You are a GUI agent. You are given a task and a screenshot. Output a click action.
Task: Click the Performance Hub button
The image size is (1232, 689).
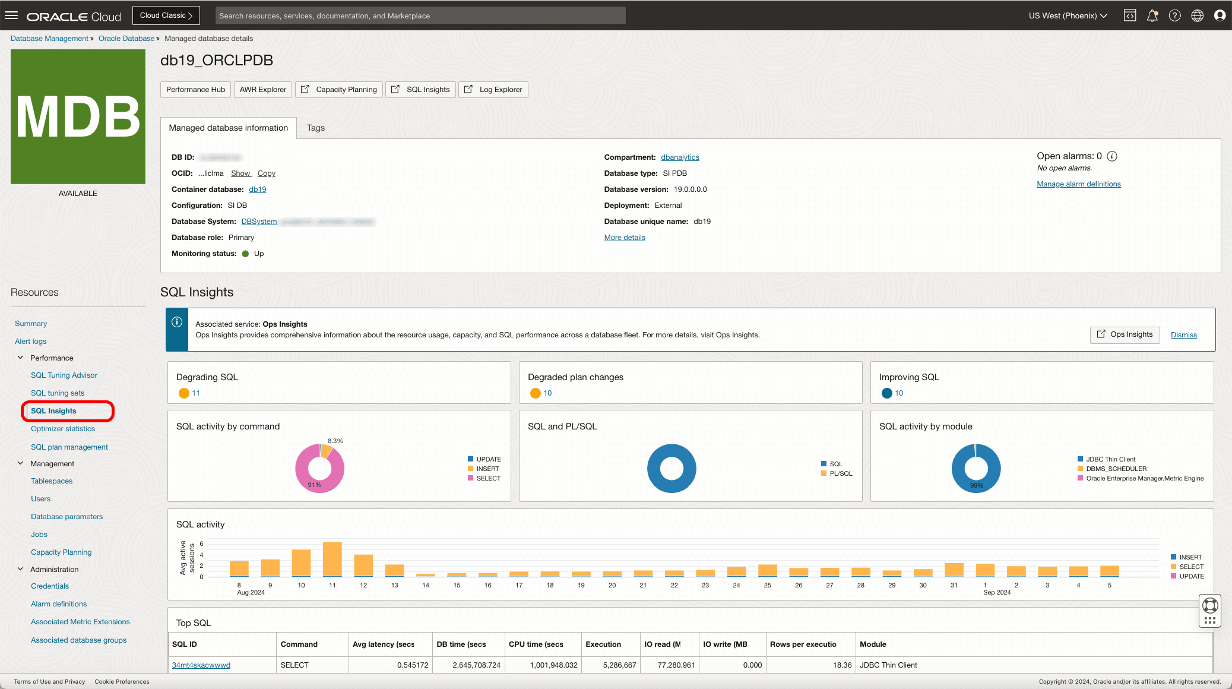click(195, 90)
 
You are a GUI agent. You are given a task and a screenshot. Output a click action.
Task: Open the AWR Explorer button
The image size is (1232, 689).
click(262, 90)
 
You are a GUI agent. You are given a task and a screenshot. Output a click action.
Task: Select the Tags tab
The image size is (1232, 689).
click(315, 128)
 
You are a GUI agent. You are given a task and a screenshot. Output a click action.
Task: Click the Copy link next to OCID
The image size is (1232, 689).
click(266, 173)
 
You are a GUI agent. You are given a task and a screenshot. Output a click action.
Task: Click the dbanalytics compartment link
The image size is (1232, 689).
click(680, 157)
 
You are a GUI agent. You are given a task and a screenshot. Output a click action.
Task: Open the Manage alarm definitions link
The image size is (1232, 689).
click(1078, 184)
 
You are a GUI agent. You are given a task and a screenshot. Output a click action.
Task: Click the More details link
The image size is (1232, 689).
click(624, 238)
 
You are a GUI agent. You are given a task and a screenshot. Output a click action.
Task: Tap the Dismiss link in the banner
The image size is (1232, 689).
click(1183, 335)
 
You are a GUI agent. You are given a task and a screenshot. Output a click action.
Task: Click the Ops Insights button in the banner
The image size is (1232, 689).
click(1125, 334)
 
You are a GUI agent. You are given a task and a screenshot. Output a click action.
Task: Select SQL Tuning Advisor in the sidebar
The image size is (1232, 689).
click(64, 375)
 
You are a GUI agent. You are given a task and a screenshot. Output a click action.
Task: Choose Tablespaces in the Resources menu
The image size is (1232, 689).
click(52, 481)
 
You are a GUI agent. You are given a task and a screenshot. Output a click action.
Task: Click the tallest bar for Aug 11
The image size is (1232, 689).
click(332, 558)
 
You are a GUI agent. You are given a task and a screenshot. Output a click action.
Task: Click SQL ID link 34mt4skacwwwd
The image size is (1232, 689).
click(201, 665)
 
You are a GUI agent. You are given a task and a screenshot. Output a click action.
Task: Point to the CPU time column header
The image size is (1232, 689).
click(536, 644)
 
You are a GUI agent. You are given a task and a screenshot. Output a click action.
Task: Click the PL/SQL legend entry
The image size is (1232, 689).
click(840, 473)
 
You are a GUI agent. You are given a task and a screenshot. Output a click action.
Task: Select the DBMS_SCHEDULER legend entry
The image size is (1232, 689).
click(1116, 469)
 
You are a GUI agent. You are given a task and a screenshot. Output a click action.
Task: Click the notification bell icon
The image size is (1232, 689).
click(1152, 16)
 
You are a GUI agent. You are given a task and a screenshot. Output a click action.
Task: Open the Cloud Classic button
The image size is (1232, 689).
click(166, 15)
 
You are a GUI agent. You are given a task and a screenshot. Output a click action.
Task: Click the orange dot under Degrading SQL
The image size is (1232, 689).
click(184, 393)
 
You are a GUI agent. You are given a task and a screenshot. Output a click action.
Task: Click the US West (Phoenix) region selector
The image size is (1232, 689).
click(1068, 16)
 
